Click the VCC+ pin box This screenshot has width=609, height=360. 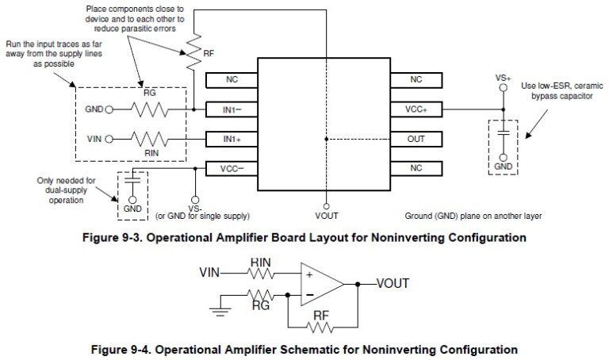(x=416, y=109)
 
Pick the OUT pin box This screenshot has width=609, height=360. (x=416, y=139)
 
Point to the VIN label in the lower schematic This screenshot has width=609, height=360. (x=209, y=273)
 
